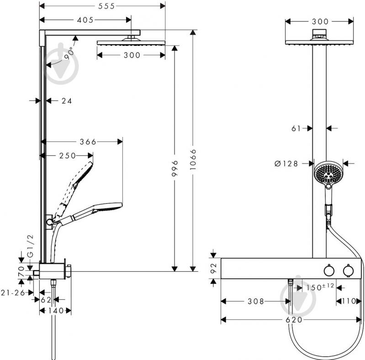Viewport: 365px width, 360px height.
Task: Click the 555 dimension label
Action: click(x=102, y=6)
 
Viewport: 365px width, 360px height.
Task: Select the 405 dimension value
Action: click(x=85, y=20)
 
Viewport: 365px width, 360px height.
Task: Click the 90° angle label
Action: click(x=69, y=53)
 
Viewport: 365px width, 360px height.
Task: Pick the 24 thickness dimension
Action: click(x=67, y=101)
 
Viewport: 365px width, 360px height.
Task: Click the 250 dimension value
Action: click(x=67, y=156)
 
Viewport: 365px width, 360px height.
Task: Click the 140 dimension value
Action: click(x=55, y=311)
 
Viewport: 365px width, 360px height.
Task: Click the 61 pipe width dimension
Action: click(x=296, y=129)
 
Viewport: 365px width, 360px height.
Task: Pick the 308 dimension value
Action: click(x=254, y=302)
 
